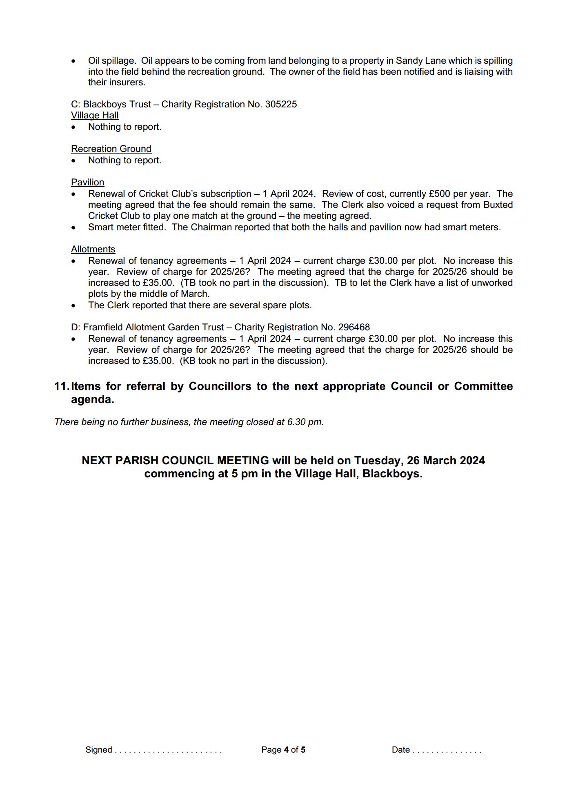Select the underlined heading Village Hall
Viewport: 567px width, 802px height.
click(x=95, y=116)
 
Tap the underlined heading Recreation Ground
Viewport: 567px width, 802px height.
click(x=111, y=149)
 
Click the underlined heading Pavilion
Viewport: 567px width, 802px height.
click(x=87, y=183)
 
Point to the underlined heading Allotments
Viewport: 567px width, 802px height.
click(x=93, y=250)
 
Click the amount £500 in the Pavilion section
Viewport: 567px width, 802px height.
click(x=439, y=194)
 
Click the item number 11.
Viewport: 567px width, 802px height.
click(x=61, y=386)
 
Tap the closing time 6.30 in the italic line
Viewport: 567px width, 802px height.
click(x=296, y=422)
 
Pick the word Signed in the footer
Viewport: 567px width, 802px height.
click(x=99, y=750)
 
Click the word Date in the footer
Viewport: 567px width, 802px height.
click(x=400, y=750)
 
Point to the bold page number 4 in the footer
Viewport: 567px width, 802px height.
click(x=286, y=750)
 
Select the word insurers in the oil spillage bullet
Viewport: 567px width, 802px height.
click(x=127, y=82)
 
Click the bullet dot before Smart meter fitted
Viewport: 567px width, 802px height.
click(x=73, y=228)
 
